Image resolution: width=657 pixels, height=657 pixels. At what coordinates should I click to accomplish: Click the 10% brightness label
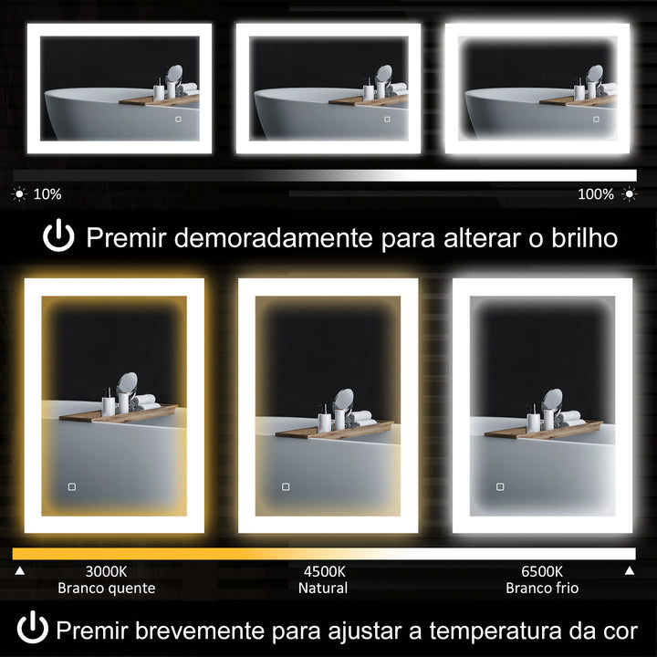click(x=47, y=194)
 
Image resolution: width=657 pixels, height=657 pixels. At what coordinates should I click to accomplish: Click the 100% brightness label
click(x=596, y=194)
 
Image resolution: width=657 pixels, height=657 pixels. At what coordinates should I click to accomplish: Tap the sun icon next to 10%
click(x=19, y=194)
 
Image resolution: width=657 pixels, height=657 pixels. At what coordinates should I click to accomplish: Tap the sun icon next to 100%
click(x=628, y=194)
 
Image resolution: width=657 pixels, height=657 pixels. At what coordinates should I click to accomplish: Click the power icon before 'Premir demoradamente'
click(x=58, y=238)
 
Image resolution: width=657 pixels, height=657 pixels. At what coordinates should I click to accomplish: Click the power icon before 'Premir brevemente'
click(x=33, y=629)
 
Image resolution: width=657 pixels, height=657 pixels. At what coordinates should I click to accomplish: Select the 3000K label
click(x=106, y=571)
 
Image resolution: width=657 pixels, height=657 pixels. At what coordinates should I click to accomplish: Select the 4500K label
click(x=323, y=571)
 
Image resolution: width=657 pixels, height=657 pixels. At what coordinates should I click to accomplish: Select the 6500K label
click(x=542, y=571)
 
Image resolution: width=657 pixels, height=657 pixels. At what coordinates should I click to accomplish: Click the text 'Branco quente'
click(x=106, y=589)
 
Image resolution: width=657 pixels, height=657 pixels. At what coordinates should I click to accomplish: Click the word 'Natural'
click(x=323, y=589)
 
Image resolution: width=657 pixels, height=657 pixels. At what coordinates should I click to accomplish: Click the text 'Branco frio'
click(x=542, y=589)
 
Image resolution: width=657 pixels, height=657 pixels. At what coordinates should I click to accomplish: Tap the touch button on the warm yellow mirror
click(x=71, y=486)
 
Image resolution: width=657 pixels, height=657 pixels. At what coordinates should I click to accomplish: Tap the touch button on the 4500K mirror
click(x=286, y=486)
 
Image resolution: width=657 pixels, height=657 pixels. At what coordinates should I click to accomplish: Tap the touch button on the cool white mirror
click(x=499, y=486)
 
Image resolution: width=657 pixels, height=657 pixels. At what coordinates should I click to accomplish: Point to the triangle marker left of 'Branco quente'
click(x=19, y=571)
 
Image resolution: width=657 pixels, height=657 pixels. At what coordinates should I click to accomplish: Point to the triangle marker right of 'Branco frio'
click(x=629, y=571)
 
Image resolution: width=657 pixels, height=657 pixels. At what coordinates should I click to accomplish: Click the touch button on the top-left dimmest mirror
click(x=179, y=119)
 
